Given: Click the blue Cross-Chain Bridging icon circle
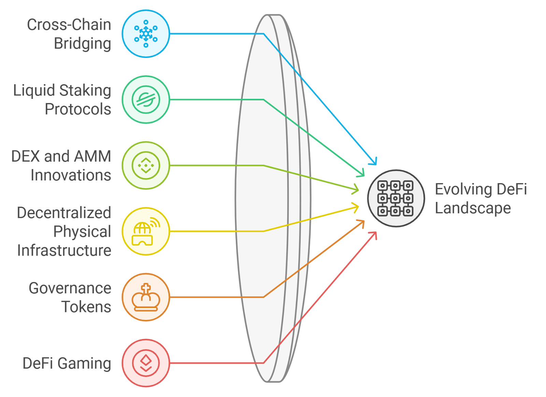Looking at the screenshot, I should tap(146, 33).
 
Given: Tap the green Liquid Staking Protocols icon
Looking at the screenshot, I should tap(146, 99).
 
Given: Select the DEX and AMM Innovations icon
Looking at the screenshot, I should tap(146, 165).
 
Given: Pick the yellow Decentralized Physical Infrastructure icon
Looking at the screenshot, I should tap(146, 231).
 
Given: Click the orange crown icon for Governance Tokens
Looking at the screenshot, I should tap(146, 297).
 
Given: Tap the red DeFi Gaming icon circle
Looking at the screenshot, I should tap(146, 363).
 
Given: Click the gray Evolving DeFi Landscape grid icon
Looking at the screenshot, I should tap(396, 198).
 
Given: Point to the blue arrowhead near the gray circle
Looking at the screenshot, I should tap(374, 162).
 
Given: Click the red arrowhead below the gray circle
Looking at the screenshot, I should tap(374, 235).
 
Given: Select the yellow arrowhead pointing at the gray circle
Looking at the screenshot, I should tap(356, 207).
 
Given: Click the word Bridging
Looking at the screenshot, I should tap(82, 44).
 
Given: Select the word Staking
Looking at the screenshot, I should tap(85, 91).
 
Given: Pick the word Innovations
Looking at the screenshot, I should tap(71, 175).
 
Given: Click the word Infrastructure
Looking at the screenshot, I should tap(64, 250).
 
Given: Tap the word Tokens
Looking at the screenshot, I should tap(86, 307).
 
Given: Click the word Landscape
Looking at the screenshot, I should tap(473, 208).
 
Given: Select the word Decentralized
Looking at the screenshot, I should tap(64, 213).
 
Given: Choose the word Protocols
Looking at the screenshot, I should tap(78, 109).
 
